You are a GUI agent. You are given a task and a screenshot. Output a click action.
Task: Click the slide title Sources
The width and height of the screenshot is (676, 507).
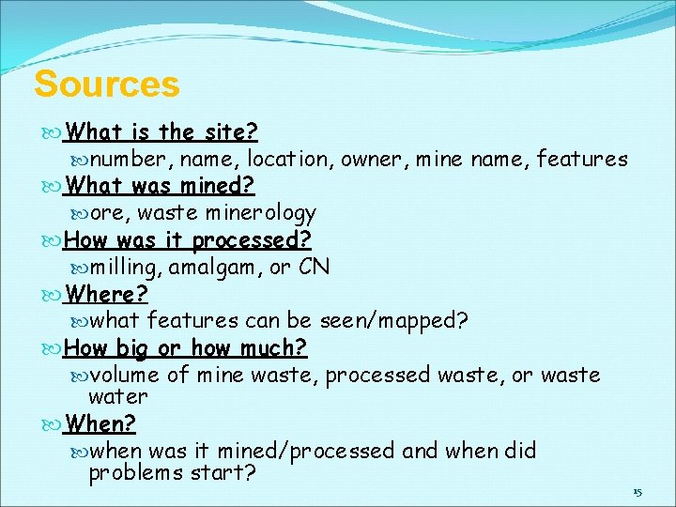106,84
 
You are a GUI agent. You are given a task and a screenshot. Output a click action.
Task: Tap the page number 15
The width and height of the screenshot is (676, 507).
638,492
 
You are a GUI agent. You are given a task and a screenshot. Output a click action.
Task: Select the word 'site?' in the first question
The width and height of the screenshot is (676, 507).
233,131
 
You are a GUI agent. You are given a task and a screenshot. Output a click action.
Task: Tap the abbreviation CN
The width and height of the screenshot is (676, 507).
314,267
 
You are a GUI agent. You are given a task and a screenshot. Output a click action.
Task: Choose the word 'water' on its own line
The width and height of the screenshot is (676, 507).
118,396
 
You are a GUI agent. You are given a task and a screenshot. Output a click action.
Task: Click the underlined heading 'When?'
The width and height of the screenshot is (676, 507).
100,423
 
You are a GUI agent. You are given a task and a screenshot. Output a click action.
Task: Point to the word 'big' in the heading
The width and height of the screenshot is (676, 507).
131,348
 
